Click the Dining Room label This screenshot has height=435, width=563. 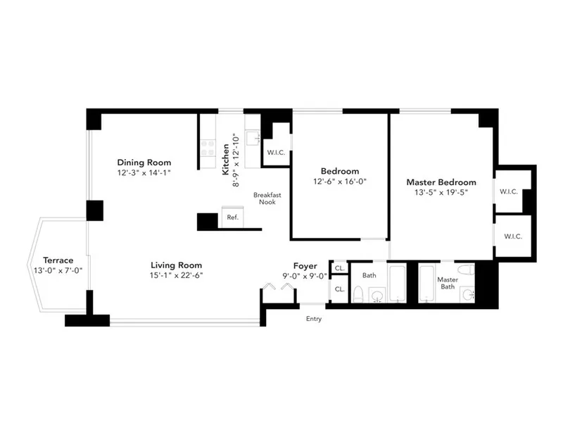[144, 162]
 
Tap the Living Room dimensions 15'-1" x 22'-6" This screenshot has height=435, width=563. [176, 275]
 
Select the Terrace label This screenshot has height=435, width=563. [58, 260]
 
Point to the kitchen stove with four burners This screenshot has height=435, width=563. [208, 148]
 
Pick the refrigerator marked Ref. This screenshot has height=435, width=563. [232, 217]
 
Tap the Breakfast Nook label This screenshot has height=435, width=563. [264, 198]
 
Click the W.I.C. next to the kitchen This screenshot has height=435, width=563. [275, 153]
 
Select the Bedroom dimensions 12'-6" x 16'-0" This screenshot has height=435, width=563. [340, 181]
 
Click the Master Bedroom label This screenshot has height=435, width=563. [441, 182]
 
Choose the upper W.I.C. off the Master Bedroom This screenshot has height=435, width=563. [509, 191]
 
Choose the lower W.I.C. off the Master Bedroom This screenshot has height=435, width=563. [512, 237]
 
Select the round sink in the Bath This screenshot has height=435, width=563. [378, 295]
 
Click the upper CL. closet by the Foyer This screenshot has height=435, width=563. [339, 268]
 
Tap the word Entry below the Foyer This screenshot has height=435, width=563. [313, 319]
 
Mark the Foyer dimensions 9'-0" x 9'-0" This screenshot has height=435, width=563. [305, 276]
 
